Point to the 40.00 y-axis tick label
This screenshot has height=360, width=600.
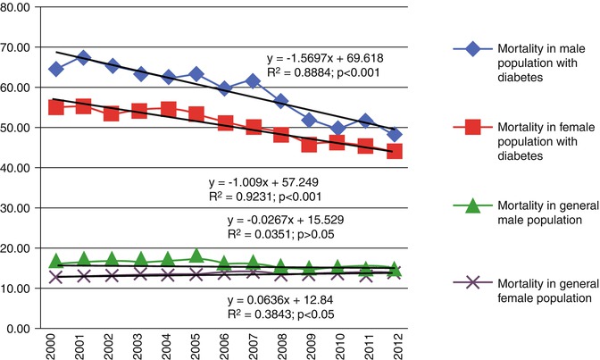click(x=21, y=168)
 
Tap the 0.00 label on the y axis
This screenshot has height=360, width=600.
click(x=24, y=329)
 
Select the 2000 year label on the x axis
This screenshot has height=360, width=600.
click(x=56, y=345)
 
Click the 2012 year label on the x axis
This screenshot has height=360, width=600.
click(x=396, y=345)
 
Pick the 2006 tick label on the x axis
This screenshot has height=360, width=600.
click(x=226, y=345)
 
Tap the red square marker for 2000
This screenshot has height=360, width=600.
click(x=55, y=107)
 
